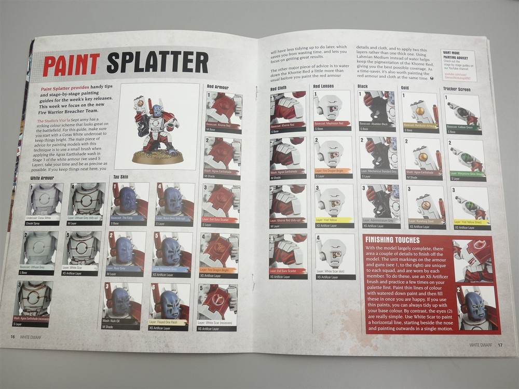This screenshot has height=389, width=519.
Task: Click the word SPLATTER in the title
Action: [157, 63]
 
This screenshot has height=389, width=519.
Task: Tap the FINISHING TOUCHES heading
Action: [392, 240]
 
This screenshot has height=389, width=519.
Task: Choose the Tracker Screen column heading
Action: [457, 89]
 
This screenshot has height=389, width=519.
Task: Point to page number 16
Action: [12, 336]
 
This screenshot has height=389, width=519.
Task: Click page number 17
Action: [500, 344]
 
